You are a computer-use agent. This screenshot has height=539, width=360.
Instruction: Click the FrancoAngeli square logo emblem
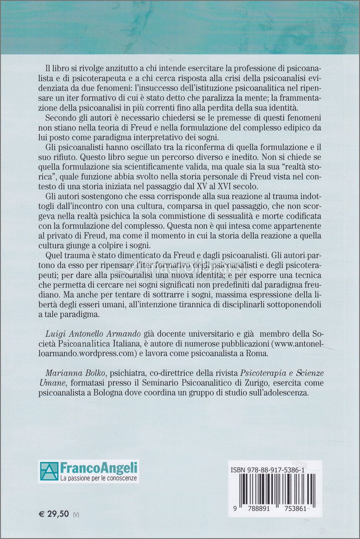coord(49,471)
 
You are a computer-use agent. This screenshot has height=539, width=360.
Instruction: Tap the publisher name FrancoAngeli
coord(99,468)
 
